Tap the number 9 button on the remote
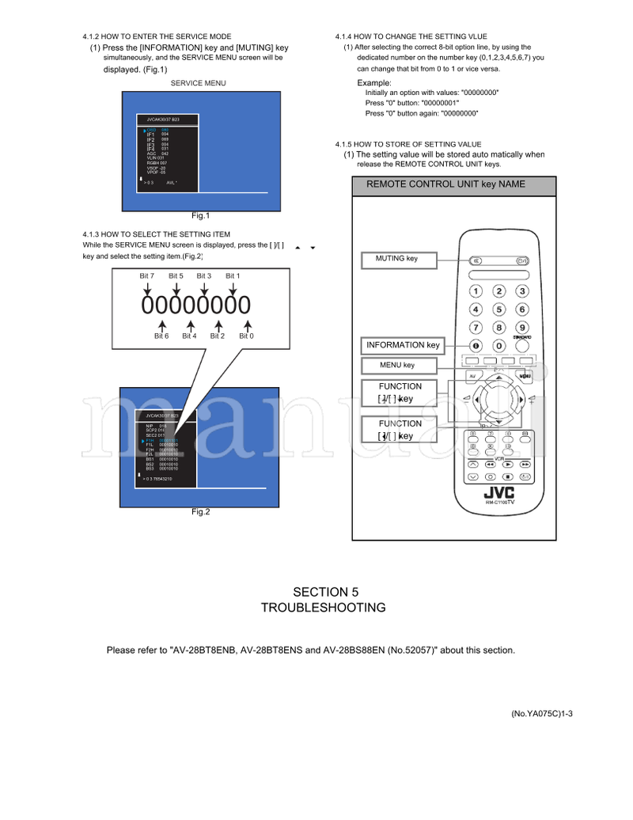[522, 327]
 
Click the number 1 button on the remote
[476, 291]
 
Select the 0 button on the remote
[499, 346]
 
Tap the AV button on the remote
[473, 375]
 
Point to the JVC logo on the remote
[498, 492]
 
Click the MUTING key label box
[399, 260]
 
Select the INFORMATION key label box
[403, 346]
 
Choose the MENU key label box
[398, 366]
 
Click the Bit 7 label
[146, 275]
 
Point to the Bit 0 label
[247, 336]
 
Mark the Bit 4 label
[189, 336]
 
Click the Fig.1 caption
[200, 216]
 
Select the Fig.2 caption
[200, 512]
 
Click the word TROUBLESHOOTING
[324, 608]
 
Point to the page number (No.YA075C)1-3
[540, 713]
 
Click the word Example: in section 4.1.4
[374, 83]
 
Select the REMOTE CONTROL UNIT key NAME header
[445, 185]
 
